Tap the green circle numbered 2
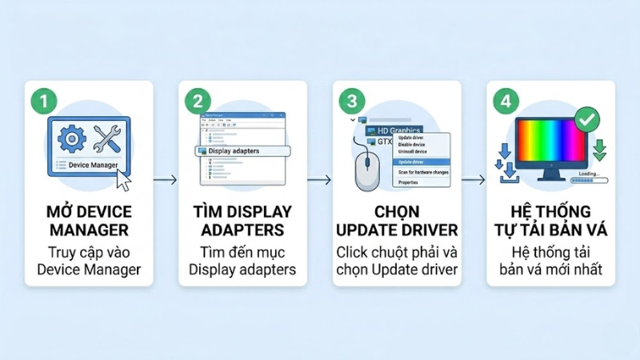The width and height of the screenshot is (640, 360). point(197,102)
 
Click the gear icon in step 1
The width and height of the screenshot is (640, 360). point(73,139)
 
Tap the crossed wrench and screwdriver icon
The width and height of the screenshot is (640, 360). point(107,139)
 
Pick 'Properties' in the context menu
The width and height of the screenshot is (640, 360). point(409,182)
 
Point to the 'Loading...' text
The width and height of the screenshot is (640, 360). point(587,174)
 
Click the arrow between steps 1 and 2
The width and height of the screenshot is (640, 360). point(164,180)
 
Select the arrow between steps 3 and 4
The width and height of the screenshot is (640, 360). point(474,180)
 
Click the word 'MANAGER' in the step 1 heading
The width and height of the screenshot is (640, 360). point(89,230)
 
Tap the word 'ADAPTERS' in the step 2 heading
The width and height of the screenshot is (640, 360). point(242,230)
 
